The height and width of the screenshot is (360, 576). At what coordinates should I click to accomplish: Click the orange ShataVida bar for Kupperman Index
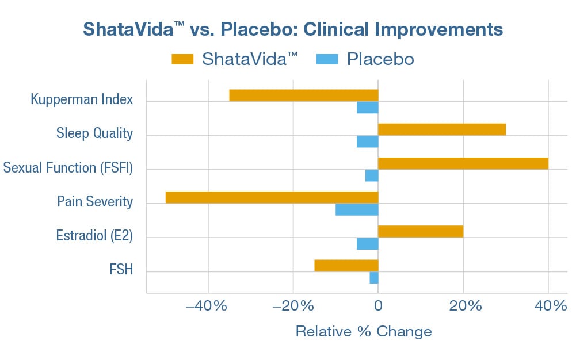coord(303,95)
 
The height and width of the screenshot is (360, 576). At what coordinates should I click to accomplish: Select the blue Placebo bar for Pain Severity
coord(357,209)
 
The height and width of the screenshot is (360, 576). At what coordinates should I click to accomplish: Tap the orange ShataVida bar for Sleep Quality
coord(442,129)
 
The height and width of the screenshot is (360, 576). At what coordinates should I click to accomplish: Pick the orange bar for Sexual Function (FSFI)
coord(463,163)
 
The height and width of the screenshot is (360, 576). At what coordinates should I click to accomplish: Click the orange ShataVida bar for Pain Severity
coord(272,197)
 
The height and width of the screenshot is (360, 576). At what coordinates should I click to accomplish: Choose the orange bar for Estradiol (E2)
coord(421,231)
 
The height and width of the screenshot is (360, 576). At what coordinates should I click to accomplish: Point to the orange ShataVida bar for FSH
coord(346,265)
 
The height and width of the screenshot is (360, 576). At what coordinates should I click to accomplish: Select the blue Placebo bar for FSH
coord(374,277)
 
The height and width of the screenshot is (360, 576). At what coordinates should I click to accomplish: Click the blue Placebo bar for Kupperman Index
coord(368,108)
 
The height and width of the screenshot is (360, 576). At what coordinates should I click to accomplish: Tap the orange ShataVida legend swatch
coord(182,59)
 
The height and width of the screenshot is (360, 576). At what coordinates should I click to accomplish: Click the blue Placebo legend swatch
coord(327,59)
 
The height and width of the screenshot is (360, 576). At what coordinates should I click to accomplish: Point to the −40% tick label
coord(207,306)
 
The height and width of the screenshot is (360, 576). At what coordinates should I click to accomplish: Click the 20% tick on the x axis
coord(463,306)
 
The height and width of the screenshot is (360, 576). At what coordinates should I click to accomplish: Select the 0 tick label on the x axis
coord(378,306)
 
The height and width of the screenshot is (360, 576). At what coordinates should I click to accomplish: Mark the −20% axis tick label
coord(292,306)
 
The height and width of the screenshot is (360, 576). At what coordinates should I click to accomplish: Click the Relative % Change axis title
coord(363,332)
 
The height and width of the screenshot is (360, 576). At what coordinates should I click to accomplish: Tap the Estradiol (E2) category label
coord(94,236)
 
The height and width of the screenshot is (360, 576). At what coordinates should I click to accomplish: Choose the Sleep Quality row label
coord(94,134)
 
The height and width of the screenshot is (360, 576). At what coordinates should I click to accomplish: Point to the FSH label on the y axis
coord(121,269)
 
